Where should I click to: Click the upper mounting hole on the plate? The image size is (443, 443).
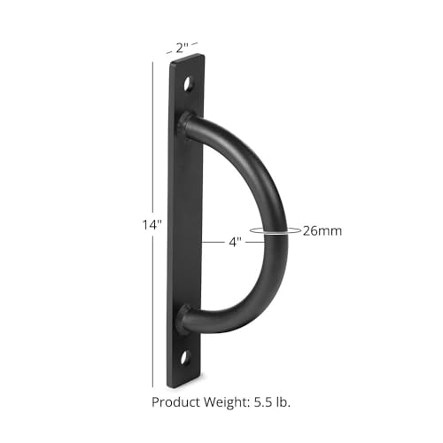[x=188, y=84]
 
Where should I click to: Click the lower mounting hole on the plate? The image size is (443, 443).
[x=184, y=357]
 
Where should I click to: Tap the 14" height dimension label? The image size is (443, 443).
[x=152, y=225]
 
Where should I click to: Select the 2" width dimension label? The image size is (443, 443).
[x=182, y=48]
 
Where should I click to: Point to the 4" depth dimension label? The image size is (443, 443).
[x=236, y=242]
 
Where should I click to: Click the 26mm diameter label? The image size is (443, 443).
[x=323, y=230]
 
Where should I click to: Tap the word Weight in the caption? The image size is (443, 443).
[x=227, y=402]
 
